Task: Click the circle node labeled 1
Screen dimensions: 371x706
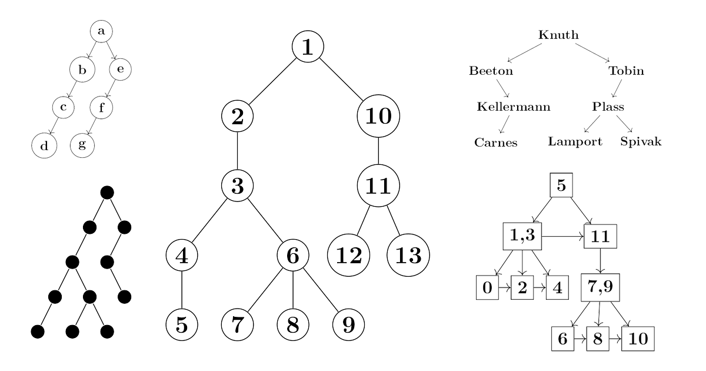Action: coord(308,47)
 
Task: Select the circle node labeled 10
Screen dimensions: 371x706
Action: coord(378,116)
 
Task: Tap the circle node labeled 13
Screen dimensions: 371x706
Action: coord(408,256)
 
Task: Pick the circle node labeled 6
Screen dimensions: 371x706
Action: coord(293,256)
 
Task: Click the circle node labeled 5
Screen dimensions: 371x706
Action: coord(181,324)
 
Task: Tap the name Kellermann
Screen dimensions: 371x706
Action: coord(514,107)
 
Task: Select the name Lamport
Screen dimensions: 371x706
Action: coord(575,143)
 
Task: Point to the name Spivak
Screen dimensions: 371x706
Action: coord(641,143)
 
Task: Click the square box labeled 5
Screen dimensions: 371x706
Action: coord(561,186)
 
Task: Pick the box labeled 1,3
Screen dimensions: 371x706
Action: coord(522,237)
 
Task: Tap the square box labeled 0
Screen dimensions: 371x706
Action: coord(487,289)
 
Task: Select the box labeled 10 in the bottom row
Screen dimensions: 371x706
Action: coord(637,340)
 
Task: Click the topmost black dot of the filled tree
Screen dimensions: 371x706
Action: coord(106,192)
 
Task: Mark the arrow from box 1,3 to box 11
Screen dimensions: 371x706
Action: coord(563,237)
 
